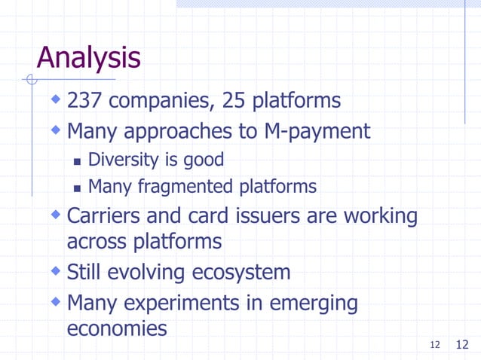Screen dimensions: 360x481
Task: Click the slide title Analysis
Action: [88, 58]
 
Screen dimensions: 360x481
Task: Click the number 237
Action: [86, 100]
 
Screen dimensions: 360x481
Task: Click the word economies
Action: [117, 329]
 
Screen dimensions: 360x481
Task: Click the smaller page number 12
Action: [435, 345]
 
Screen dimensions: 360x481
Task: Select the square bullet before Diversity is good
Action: [78, 161]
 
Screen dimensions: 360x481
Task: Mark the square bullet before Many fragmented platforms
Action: [78, 187]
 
